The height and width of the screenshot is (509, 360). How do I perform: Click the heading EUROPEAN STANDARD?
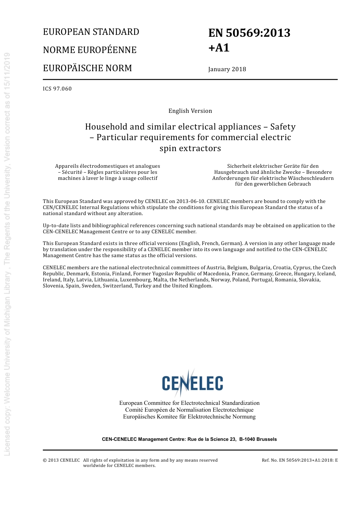tap(91, 32)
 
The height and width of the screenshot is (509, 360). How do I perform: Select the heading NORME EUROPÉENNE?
tap(89, 50)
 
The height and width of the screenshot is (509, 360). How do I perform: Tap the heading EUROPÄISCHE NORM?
tap(88, 68)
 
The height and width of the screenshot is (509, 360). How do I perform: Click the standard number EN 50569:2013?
tap(249, 33)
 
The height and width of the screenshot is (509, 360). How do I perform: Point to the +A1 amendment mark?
tap(219, 48)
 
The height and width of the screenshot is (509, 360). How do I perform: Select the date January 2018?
tap(227, 69)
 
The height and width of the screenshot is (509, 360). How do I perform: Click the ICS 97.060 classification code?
tap(57, 89)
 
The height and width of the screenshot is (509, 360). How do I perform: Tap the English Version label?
tap(190, 111)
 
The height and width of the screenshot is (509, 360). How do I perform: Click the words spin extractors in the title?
tap(190, 148)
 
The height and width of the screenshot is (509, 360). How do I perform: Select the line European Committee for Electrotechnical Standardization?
tap(189, 403)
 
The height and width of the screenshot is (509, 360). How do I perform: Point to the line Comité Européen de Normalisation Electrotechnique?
tap(189, 410)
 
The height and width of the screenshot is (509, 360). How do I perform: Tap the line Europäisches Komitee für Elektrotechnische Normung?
tap(189, 417)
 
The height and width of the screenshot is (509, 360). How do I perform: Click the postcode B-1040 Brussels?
tap(258, 439)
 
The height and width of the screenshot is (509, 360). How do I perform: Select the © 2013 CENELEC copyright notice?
tap(61, 461)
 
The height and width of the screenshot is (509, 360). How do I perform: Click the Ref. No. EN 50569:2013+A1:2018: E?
tap(300, 461)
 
